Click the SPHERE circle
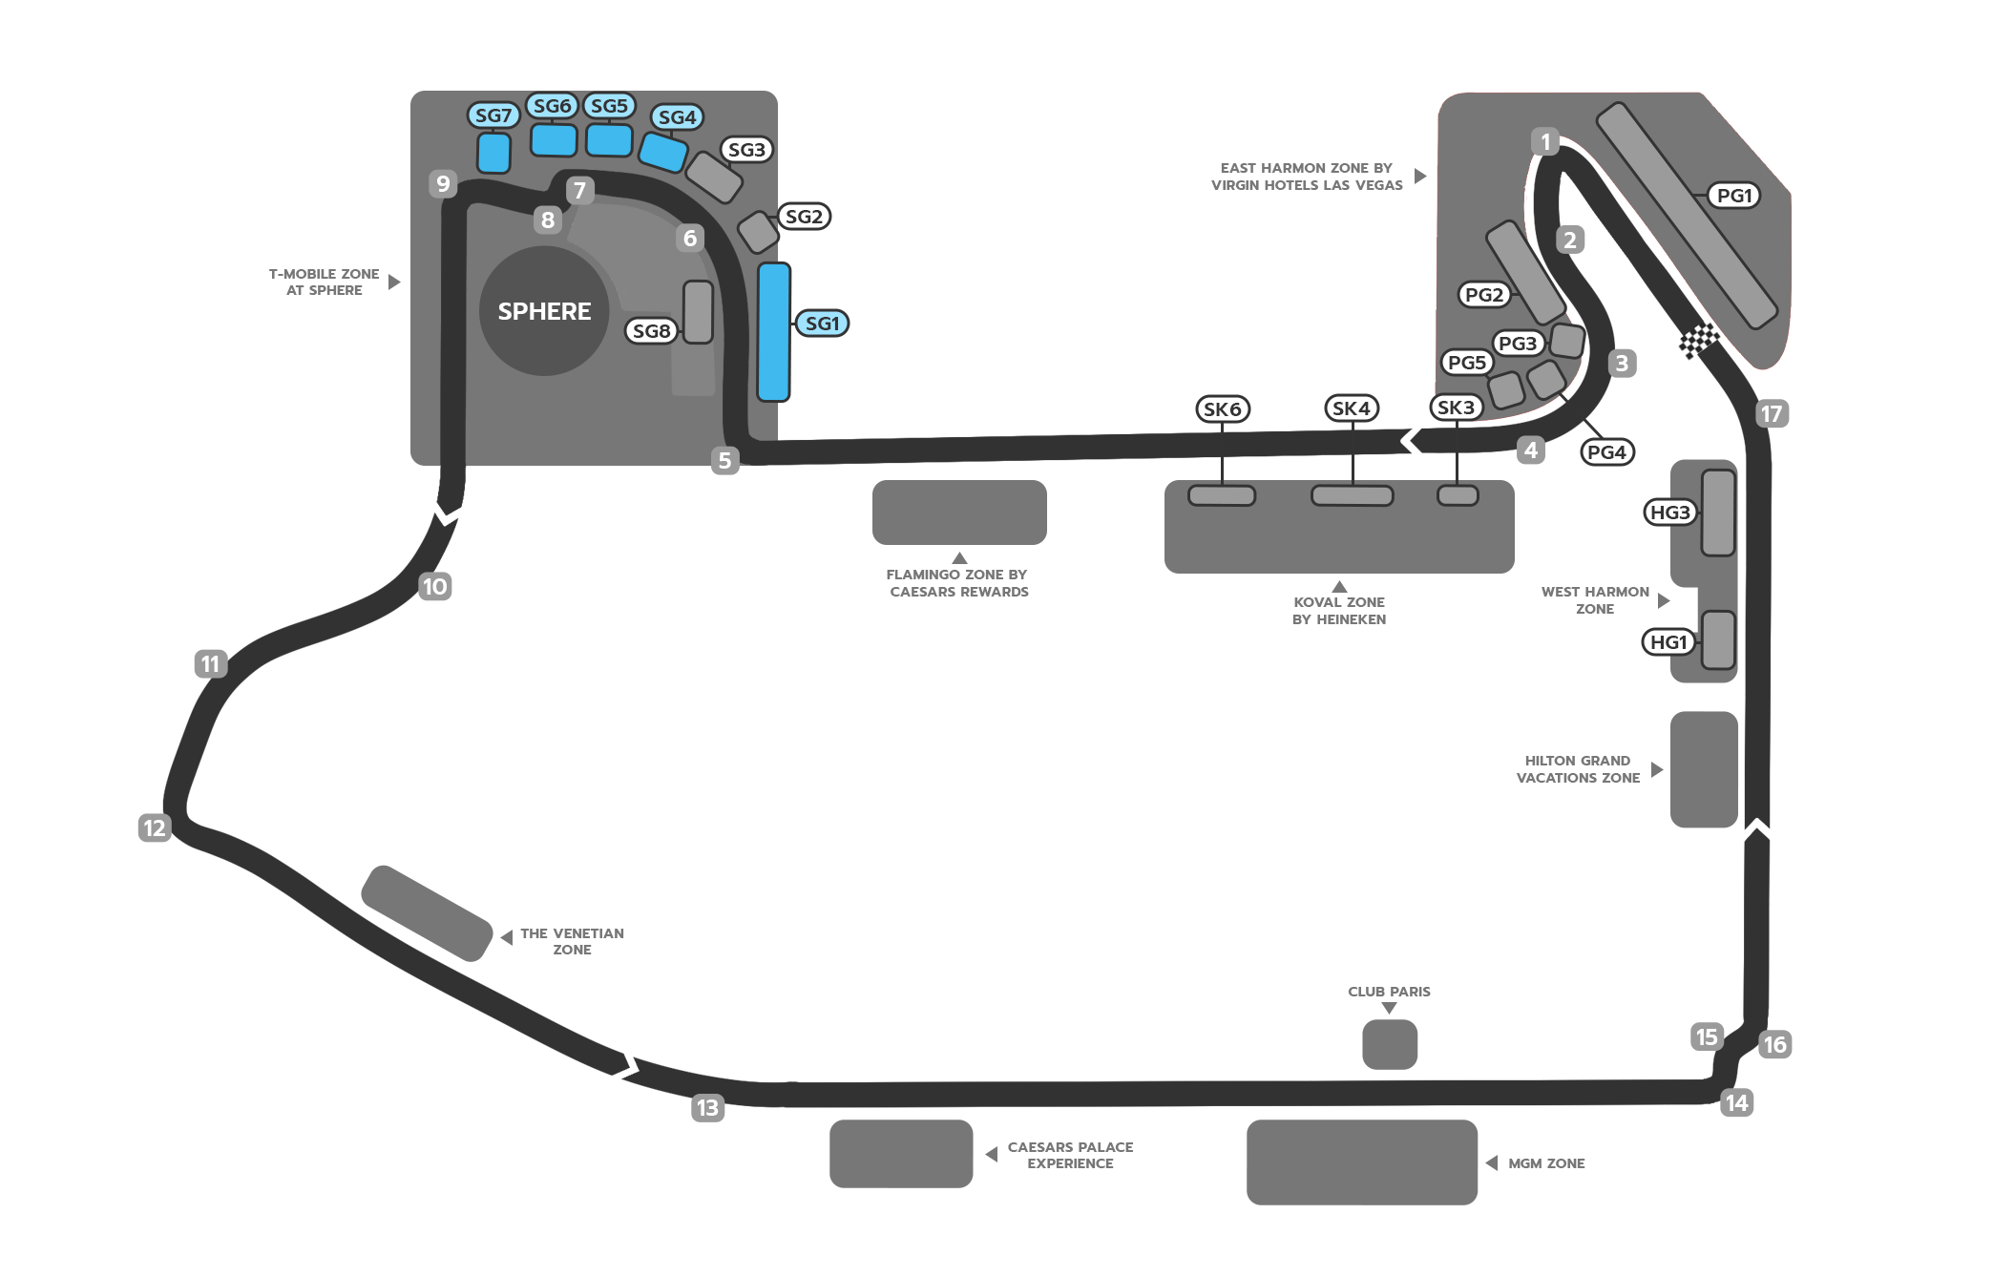544,311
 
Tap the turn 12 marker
155,827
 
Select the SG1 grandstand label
822,324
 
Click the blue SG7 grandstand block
493,153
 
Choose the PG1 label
1734,196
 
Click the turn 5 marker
724,460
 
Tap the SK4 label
1352,408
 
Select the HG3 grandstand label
1669,513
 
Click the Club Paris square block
1390,1044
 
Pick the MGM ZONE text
1546,1163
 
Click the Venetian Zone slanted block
427,913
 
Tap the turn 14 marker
1736,1103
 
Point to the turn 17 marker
1772,413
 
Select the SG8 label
652,331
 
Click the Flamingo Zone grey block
959,513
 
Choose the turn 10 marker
435,586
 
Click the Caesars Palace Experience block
901,1154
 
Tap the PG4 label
1607,452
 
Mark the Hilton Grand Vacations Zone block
1704,769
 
